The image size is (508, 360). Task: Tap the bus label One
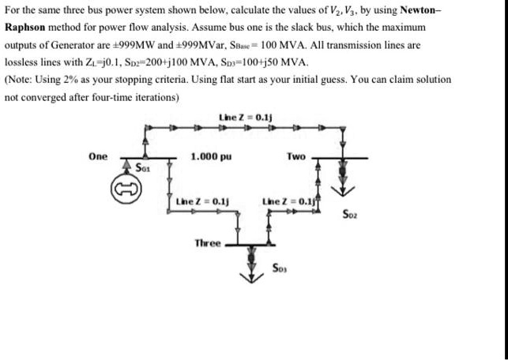point(98,156)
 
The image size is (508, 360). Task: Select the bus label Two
point(296,156)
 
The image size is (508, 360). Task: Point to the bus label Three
point(208,243)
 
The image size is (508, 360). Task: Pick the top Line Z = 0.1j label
point(244,118)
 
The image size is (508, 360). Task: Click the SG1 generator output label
point(143,168)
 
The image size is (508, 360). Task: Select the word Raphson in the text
point(26,28)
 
